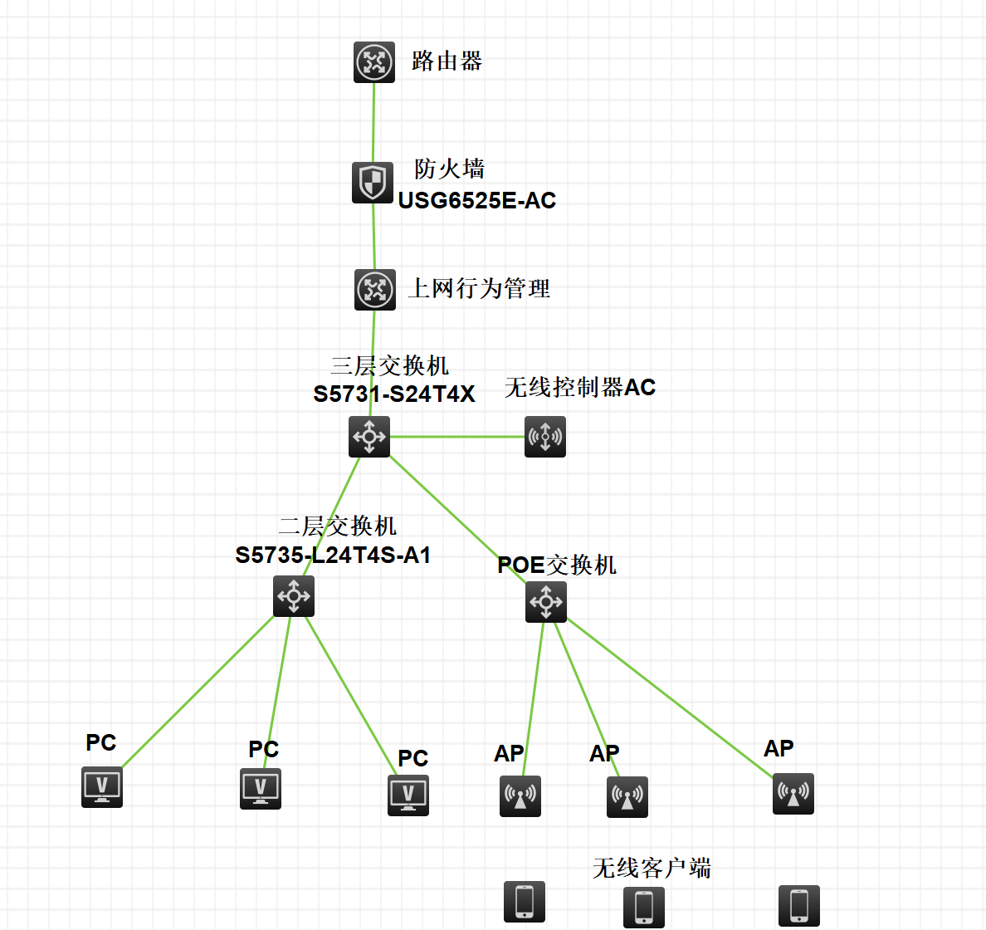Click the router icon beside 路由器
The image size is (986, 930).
point(374,62)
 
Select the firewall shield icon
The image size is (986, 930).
point(373,183)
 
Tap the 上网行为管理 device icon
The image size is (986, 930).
point(375,290)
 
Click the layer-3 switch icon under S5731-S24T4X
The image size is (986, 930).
point(369,437)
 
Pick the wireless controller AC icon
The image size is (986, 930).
point(545,437)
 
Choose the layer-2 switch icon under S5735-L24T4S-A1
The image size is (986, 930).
point(294,596)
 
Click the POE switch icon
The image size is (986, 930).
point(546,602)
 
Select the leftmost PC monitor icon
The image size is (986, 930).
point(102,787)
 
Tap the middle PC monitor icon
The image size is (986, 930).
point(261,788)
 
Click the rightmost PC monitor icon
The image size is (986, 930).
point(408,795)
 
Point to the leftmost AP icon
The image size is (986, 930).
point(520,796)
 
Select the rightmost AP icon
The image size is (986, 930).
point(793,794)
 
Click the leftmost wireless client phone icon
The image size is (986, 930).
point(525,902)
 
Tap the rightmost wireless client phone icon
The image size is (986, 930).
point(799,905)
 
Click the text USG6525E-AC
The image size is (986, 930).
point(477,201)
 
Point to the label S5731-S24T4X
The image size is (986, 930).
point(394,394)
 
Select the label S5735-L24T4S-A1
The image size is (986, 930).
point(333,556)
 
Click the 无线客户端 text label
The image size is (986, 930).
point(652,869)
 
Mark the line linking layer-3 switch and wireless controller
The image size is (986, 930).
point(456,437)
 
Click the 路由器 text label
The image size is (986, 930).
point(447,61)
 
